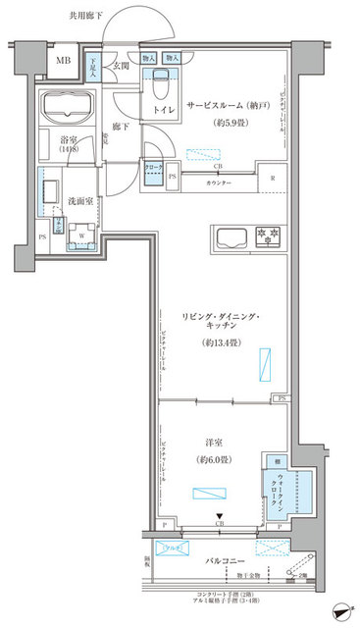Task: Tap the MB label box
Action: point(63,62)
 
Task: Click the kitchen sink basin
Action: point(231,237)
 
